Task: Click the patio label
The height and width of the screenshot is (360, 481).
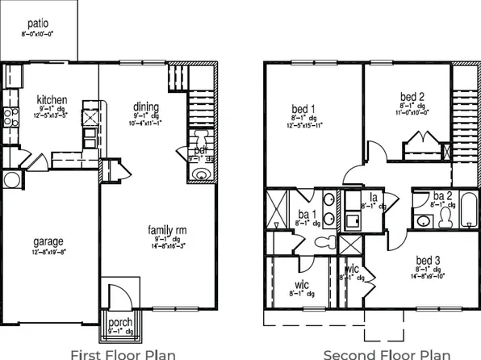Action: (x=37, y=24)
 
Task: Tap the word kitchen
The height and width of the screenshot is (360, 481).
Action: (x=52, y=100)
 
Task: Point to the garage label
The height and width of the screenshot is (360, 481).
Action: (x=48, y=241)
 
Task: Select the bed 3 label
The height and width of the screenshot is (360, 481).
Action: (x=428, y=259)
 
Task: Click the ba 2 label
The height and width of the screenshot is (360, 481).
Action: (x=442, y=196)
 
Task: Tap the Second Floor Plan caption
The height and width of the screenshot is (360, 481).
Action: (x=386, y=353)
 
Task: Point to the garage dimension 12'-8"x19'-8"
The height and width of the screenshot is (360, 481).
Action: (x=48, y=253)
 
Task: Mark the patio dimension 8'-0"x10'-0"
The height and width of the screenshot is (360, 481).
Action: (x=37, y=35)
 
